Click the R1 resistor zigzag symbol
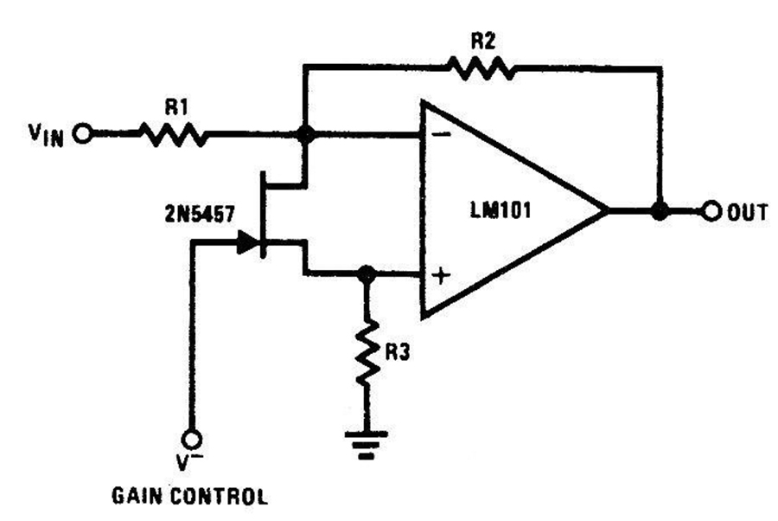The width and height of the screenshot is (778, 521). click(x=172, y=134)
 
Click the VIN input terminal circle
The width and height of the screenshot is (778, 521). click(x=82, y=134)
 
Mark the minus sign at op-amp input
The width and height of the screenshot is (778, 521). click(x=442, y=135)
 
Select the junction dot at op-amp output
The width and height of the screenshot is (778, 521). click(x=660, y=210)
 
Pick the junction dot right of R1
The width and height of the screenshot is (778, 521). click(x=303, y=134)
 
